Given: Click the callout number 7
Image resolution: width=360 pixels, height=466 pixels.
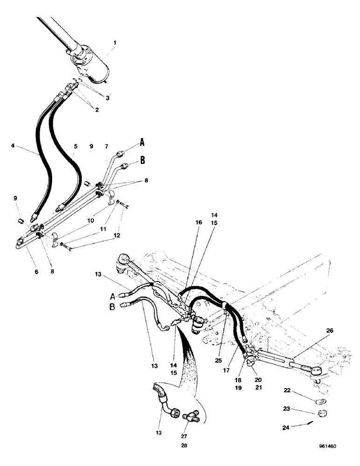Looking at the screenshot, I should point(107,146).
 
